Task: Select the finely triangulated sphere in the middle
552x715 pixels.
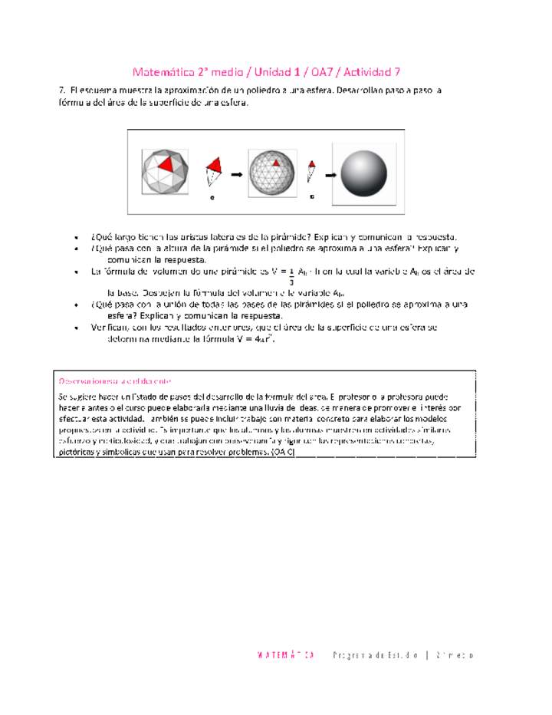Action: click(x=273, y=173)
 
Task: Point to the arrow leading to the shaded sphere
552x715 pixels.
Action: click(x=330, y=174)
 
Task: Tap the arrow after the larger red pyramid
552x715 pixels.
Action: click(x=236, y=174)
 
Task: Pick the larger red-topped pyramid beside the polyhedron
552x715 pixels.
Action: click(x=213, y=170)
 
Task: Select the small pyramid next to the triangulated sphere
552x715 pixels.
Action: click(x=311, y=170)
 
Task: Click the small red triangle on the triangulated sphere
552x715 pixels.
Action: click(x=276, y=163)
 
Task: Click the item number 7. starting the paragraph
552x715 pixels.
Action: click(x=62, y=91)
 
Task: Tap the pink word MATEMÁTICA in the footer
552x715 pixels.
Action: click(x=285, y=655)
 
